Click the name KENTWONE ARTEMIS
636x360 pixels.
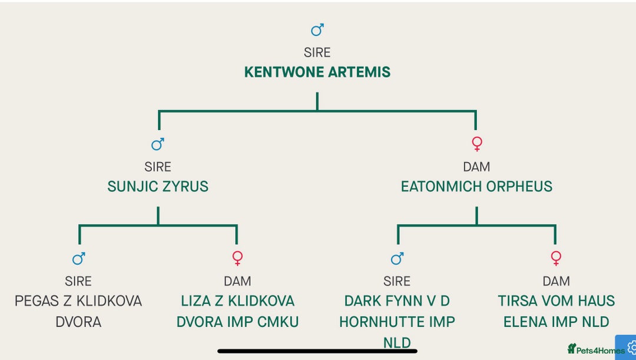[317, 72]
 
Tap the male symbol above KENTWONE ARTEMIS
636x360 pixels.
[317, 30]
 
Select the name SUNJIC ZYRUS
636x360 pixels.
[158, 187]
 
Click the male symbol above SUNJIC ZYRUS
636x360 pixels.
[158, 144]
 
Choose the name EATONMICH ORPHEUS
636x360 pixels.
[476, 187]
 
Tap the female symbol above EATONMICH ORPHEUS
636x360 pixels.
[477, 144]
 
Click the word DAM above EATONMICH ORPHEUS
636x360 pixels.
[476, 167]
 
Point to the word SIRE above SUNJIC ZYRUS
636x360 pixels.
[158, 167]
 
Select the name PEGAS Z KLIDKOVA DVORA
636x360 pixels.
[78, 311]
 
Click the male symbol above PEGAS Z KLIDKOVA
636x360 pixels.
[78, 259]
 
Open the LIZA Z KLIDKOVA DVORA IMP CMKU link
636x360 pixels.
[237, 311]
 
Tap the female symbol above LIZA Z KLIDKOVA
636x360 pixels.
[237, 259]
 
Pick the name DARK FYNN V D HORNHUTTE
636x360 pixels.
[397, 321]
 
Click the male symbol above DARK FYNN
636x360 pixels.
[397, 259]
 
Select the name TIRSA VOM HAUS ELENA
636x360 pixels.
[556, 311]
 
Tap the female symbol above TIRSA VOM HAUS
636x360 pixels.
[556, 259]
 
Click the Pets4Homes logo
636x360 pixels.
[596, 350]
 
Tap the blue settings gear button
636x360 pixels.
[628, 348]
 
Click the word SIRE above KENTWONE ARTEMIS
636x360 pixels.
[317, 53]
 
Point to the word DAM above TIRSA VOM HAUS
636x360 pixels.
[556, 282]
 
